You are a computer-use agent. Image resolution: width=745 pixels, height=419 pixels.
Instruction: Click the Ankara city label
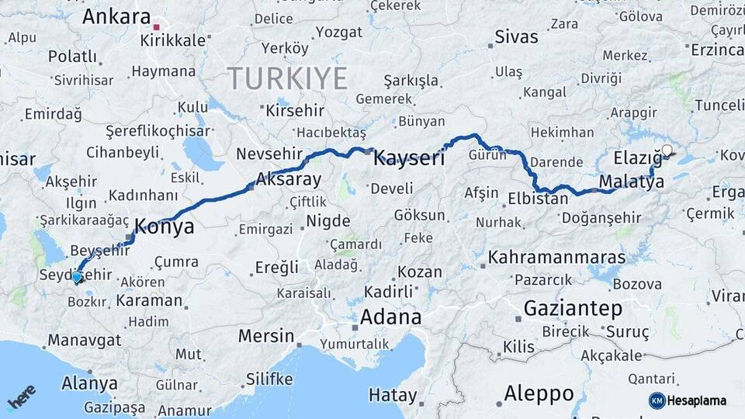(x=116, y=16)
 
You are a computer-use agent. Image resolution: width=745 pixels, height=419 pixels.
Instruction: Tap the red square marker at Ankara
(x=157, y=27)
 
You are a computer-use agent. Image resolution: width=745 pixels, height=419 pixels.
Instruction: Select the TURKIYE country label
(x=288, y=79)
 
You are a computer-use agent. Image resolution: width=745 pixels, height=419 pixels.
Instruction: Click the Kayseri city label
(x=409, y=159)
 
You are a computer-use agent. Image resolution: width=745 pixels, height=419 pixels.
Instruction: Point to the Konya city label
(x=165, y=227)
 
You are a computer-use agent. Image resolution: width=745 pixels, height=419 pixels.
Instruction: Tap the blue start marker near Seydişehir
(x=76, y=276)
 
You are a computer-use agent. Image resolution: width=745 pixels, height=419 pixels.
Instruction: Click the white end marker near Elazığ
(x=667, y=150)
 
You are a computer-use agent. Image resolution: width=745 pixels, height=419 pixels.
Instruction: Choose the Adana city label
(x=390, y=317)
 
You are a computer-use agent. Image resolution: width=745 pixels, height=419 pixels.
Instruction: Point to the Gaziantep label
(x=573, y=308)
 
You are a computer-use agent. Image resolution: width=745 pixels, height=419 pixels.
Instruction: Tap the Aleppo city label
(x=539, y=393)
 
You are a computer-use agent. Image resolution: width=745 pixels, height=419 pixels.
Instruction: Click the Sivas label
(x=516, y=37)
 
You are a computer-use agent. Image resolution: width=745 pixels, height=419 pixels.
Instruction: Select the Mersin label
(x=266, y=337)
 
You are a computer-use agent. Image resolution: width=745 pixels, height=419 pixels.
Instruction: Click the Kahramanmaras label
(x=557, y=257)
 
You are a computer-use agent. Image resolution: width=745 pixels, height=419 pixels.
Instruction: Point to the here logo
(x=21, y=398)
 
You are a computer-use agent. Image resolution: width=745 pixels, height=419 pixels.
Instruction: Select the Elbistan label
(x=538, y=199)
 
